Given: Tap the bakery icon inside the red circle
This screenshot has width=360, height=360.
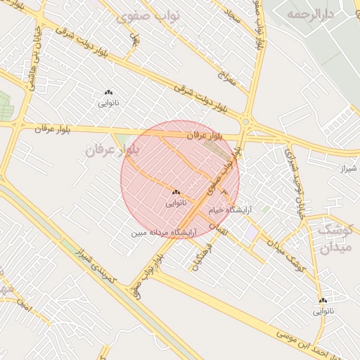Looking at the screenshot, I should click(x=175, y=192).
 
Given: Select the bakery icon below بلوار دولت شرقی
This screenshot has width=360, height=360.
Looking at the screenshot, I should click(x=108, y=92).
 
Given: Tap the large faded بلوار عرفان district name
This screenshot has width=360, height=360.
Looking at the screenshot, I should click(x=112, y=150).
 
